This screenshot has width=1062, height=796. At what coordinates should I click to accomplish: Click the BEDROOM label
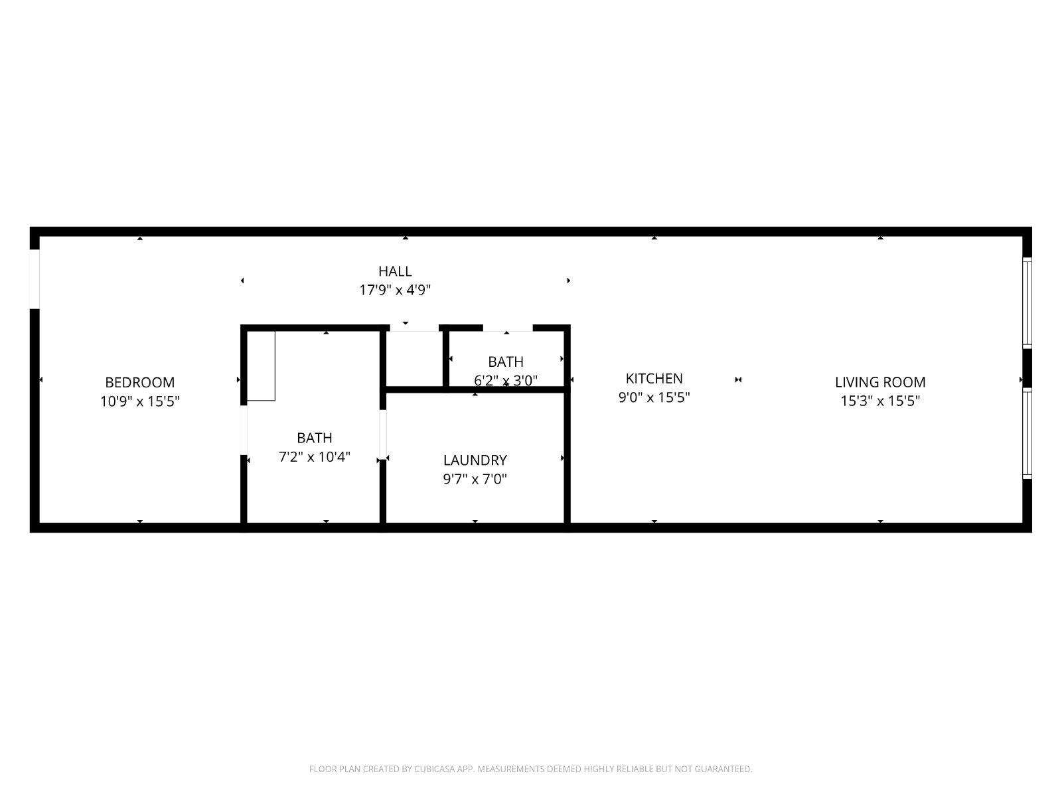click(x=140, y=382)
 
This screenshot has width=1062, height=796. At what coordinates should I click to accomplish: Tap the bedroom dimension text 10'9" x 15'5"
click(x=140, y=401)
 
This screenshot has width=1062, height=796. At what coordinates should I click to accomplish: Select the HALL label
click(x=395, y=271)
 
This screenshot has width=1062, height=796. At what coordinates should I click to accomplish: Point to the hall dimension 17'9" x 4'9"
click(x=395, y=290)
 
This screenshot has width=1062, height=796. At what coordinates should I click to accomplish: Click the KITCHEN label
click(x=654, y=378)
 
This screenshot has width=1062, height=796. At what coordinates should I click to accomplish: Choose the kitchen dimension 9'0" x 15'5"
click(x=654, y=397)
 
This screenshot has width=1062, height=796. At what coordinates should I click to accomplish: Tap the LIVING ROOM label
click(x=880, y=382)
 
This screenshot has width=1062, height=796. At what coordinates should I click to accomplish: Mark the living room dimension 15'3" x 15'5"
click(x=880, y=401)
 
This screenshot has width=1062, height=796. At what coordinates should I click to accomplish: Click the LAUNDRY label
click(x=475, y=460)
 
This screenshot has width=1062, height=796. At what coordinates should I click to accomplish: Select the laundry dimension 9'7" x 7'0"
click(x=475, y=479)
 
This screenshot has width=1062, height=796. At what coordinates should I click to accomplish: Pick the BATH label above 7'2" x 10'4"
click(x=315, y=438)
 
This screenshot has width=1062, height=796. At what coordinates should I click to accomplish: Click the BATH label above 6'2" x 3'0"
click(x=506, y=362)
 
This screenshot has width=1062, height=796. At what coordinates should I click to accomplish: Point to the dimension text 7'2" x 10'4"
click(x=315, y=457)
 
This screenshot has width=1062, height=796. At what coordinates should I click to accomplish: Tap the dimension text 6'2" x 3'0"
click(x=506, y=381)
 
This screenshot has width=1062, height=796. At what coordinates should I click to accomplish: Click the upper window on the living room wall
click(x=1027, y=303)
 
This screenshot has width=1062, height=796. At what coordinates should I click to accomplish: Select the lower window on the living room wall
click(x=1027, y=434)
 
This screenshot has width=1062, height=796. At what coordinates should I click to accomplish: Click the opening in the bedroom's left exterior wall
click(x=35, y=279)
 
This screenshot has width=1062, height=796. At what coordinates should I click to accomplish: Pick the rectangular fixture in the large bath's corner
click(x=261, y=366)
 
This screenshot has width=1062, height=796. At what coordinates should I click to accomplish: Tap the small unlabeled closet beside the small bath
click(x=414, y=358)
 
